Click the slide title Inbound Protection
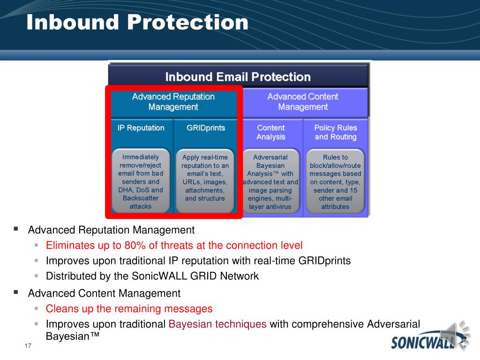click(137, 22)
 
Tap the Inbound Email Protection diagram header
click(238, 77)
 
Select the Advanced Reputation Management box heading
click(173, 102)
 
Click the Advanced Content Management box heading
click(303, 102)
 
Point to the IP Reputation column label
click(141, 127)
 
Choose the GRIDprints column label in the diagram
click(206, 127)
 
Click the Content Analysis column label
click(270, 132)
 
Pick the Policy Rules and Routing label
click(336, 132)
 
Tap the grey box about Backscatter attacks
click(141, 181)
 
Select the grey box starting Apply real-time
click(205, 181)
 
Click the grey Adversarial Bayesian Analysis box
click(270, 181)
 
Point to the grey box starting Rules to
click(335, 181)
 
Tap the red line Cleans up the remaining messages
click(129, 308)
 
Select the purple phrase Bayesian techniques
click(217, 324)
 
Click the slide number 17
click(28, 345)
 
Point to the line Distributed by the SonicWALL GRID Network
click(152, 276)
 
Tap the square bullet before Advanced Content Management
click(16, 292)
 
